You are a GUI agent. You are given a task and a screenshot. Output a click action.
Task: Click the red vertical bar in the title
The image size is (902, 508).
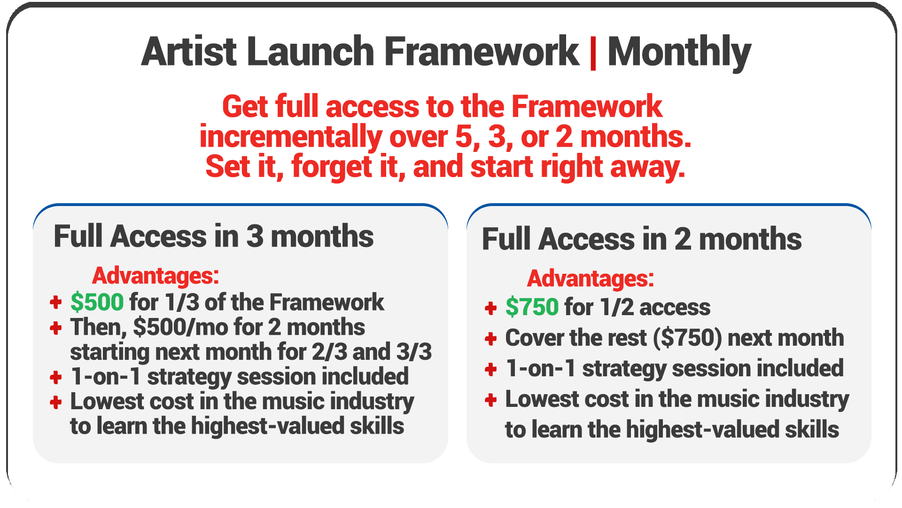pos(593,53)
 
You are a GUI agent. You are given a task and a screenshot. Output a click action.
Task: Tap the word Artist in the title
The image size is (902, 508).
pos(189,52)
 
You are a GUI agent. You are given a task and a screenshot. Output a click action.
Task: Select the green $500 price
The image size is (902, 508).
pos(97,302)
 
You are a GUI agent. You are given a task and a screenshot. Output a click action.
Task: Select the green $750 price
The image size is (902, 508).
pos(532,307)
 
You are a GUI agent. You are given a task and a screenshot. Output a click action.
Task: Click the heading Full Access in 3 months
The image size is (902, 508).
pos(214,236)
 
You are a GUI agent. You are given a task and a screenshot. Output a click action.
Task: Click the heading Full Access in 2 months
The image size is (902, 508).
pos(642,239)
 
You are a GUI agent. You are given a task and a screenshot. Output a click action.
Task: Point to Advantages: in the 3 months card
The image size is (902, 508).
pos(156,276)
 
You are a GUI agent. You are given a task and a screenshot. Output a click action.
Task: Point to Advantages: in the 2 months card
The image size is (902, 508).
pos(591,278)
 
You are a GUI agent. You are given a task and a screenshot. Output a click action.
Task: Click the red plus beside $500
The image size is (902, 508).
pos(56,302)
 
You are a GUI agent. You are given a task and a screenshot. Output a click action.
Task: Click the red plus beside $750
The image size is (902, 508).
pos(491,308)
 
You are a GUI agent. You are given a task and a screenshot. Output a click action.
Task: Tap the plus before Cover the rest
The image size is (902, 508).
pos(491,339)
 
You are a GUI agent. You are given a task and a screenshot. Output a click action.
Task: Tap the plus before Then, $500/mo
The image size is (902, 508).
pos(56,328)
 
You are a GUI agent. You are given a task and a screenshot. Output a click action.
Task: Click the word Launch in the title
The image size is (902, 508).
pos(311,52)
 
